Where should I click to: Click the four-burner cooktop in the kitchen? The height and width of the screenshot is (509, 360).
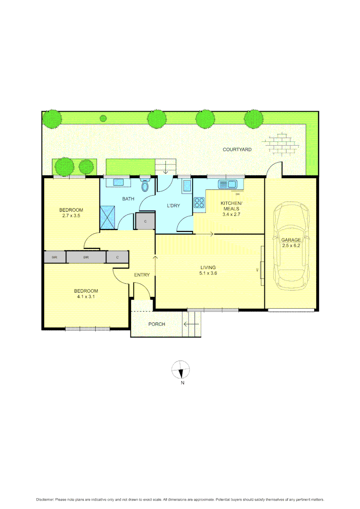tap(199, 203)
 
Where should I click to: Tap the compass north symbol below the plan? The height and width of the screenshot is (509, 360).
tap(181, 370)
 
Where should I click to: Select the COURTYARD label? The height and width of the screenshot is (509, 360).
tap(237, 149)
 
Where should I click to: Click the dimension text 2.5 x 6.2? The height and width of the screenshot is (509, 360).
tap(291, 245)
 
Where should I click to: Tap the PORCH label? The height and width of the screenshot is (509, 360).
tap(156, 324)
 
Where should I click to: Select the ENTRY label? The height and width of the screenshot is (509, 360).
tap(142, 275)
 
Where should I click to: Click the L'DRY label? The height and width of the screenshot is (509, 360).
tap(173, 205)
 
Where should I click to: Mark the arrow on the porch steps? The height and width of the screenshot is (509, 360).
tap(191, 324)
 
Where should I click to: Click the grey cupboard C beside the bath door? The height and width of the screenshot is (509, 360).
tap(145, 221)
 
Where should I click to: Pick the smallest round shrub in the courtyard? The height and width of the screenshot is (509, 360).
tap(103, 118)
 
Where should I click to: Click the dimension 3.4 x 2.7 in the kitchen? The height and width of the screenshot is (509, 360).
tap(231, 214)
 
